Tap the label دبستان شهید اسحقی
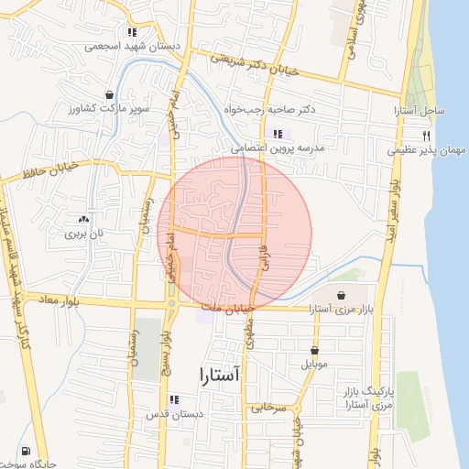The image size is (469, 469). [139, 46]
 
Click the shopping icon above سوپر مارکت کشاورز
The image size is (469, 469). [110, 94]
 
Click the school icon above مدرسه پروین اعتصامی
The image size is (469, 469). [278, 134]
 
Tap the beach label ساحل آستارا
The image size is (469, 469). [420, 111]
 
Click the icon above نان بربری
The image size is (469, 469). [84, 219]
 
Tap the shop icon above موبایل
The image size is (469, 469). [314, 350]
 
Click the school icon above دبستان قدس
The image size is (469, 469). [174, 399]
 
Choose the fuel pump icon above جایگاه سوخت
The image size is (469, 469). [22, 452]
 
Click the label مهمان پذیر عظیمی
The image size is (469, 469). [428, 149]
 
